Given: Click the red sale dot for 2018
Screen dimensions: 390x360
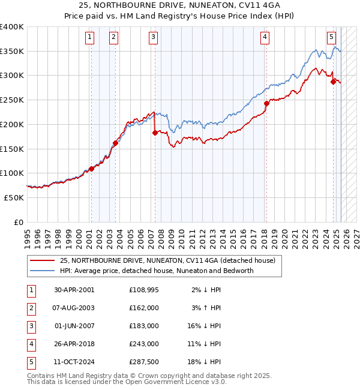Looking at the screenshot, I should tap(266, 103).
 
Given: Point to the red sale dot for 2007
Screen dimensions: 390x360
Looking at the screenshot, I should tap(155, 133).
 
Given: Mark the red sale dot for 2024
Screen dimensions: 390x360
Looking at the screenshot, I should tap(333, 82).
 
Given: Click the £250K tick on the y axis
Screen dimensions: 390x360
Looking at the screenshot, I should tap(12, 100).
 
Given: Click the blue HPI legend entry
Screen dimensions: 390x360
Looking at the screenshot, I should tap(156, 271).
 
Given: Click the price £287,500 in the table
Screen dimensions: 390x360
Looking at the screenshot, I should tap(143, 361).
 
